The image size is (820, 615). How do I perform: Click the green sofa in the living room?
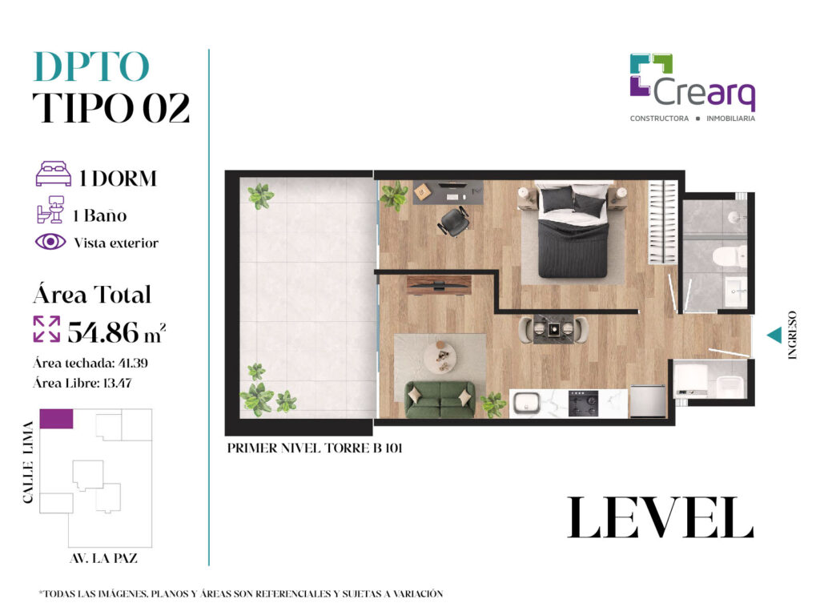tap(440, 399)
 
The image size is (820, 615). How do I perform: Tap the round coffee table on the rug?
tap(440, 358)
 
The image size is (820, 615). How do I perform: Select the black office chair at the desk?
tap(454, 221)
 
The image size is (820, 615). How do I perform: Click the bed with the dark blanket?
tap(573, 230)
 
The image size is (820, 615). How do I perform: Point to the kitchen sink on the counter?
tap(526, 404)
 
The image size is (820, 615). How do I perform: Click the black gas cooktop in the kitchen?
tap(583, 404)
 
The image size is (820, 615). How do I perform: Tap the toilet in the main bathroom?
tap(730, 256)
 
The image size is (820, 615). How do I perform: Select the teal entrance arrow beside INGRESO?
tap(774, 336)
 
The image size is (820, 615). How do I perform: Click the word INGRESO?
tap(792, 336)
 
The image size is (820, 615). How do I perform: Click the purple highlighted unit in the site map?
tap(57, 419)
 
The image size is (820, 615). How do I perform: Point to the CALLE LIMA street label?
tap(28, 462)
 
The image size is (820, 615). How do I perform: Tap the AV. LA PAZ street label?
tap(103, 558)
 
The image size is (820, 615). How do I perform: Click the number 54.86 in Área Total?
tap(103, 332)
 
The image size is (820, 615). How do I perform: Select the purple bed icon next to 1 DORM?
tap(54, 174)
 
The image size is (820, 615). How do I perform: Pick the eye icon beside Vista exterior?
tap(50, 242)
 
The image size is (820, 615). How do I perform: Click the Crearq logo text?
tap(704, 93)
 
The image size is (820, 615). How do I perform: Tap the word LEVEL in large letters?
tap(660, 518)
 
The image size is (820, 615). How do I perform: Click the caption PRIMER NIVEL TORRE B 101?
tap(315, 448)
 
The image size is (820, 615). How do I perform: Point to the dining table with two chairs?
tap(553, 329)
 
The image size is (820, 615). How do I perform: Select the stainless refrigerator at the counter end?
tap(647, 401)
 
